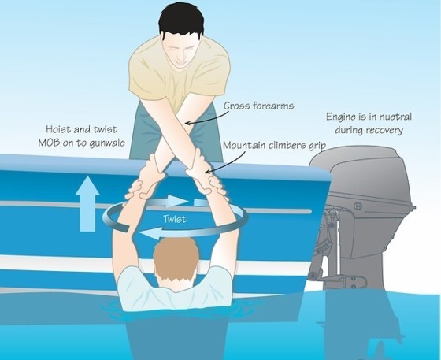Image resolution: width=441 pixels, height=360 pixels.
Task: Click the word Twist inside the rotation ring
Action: pyautogui.click(x=175, y=219)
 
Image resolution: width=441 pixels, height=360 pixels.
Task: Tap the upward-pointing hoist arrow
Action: pyautogui.click(x=87, y=204)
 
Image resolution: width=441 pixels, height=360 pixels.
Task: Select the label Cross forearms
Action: pyautogui.click(x=259, y=106)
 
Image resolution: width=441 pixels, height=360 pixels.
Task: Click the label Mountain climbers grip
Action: pyautogui.click(x=274, y=146)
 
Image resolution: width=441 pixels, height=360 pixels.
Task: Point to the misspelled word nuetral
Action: pyautogui.click(x=394, y=117)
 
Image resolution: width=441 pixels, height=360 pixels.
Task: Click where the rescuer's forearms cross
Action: pyautogui.click(x=184, y=126)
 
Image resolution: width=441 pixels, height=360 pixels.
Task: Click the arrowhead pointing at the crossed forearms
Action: pyautogui.click(x=187, y=123)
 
